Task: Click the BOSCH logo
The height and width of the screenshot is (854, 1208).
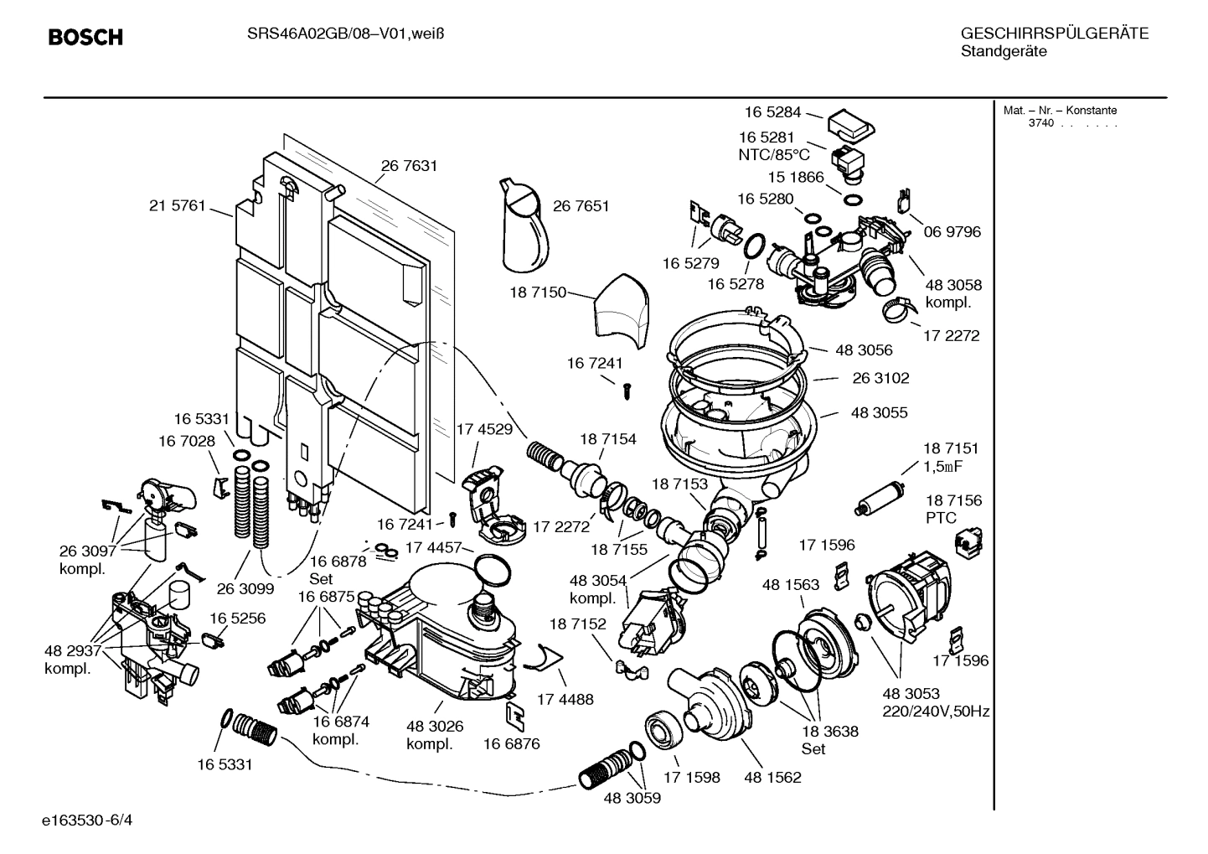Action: pyautogui.click(x=85, y=37)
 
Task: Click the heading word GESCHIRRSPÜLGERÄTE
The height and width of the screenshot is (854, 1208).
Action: pyautogui.click(x=1054, y=34)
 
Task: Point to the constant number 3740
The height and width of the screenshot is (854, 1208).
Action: pyautogui.click(x=1041, y=123)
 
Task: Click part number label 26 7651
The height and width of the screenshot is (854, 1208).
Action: pyautogui.click(x=581, y=206)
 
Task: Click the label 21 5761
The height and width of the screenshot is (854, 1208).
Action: pyautogui.click(x=177, y=206)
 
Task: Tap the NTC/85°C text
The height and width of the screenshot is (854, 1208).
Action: pyautogui.click(x=773, y=155)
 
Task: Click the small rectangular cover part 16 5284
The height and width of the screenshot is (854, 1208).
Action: pyautogui.click(x=850, y=125)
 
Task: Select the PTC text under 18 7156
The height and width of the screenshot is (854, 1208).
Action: pyautogui.click(x=941, y=518)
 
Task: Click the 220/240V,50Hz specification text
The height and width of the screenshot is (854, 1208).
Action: pyautogui.click(x=936, y=712)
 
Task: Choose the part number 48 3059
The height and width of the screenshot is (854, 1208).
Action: pyautogui.click(x=632, y=798)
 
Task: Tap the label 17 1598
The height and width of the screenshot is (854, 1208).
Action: pyautogui.click(x=691, y=777)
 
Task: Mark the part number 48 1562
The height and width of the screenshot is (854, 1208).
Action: pyautogui.click(x=772, y=777)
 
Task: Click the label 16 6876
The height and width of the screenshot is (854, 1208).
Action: pyautogui.click(x=511, y=743)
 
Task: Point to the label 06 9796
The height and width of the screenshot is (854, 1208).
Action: pyautogui.click(x=952, y=231)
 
